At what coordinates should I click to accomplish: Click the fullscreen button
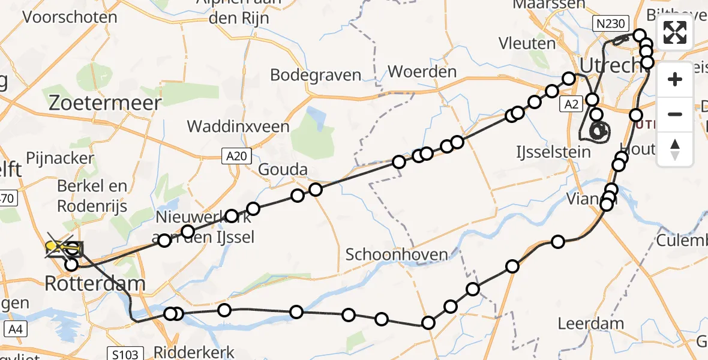675,32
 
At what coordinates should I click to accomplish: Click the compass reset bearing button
675,149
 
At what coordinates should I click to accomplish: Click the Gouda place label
284,170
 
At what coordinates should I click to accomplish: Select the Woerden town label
422,71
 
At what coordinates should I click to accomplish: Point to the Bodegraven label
316,75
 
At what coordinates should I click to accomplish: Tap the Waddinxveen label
238,127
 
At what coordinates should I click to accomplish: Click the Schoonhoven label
397,254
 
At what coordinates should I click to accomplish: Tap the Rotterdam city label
95,283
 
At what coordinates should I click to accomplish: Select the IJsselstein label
553,152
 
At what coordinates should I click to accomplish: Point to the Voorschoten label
70,16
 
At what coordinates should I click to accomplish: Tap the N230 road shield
611,24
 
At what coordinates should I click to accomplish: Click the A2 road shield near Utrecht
571,105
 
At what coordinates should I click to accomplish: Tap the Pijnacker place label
60,158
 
